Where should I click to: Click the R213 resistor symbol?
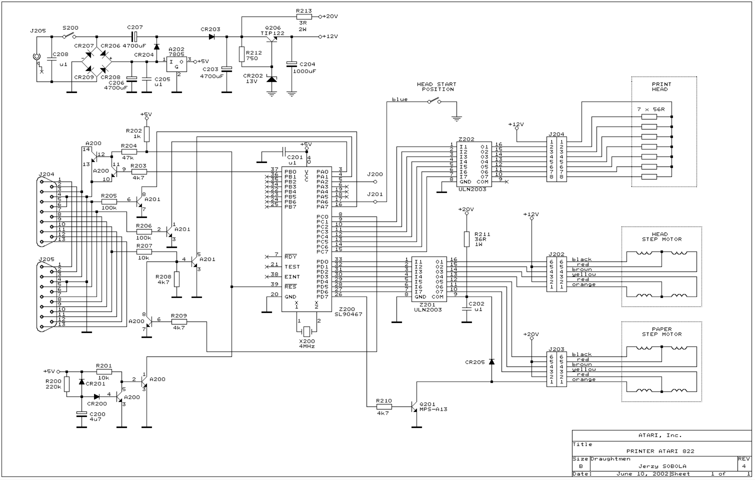pyautogui.click(x=304, y=17)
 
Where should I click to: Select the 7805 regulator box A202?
pyautogui.click(x=176, y=64)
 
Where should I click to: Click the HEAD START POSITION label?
pyautogui.click(x=437, y=87)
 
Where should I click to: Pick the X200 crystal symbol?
pyautogui.click(x=306, y=331)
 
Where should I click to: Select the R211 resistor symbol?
pyautogui.click(x=467, y=239)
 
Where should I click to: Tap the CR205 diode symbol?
pyautogui.click(x=492, y=362)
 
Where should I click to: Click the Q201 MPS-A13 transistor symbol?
pyautogui.click(x=415, y=407)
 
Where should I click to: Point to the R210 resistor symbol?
pyautogui.click(x=384, y=407)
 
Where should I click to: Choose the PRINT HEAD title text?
pyautogui.click(x=661, y=87)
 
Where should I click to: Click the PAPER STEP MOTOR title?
pyautogui.click(x=662, y=332)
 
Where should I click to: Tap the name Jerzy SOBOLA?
pyautogui.click(x=662, y=466)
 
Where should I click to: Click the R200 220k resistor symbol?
pyautogui.click(x=67, y=384)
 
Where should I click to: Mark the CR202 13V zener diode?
pyautogui.click(x=272, y=79)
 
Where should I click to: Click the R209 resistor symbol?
pyautogui.click(x=179, y=322)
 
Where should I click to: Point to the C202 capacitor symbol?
pyautogui.click(x=467, y=309)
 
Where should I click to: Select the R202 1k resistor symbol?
pyautogui.click(x=147, y=134)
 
